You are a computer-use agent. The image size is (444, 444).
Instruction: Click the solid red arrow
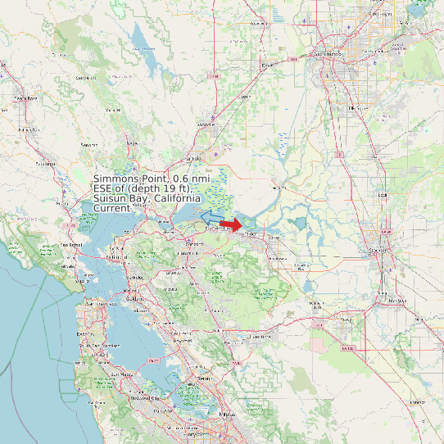tap(231, 224)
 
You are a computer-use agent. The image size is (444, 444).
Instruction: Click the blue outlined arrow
tap(212, 216)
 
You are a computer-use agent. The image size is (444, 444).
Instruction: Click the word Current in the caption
tap(112, 208)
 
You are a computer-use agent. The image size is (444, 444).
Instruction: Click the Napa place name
tap(131, 143)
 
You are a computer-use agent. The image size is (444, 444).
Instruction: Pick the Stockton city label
tap(378, 250)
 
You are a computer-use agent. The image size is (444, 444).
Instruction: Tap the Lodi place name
tap(382, 195)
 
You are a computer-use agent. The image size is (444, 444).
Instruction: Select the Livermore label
tap(261, 337)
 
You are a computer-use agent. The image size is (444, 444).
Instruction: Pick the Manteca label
tap(396, 300)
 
